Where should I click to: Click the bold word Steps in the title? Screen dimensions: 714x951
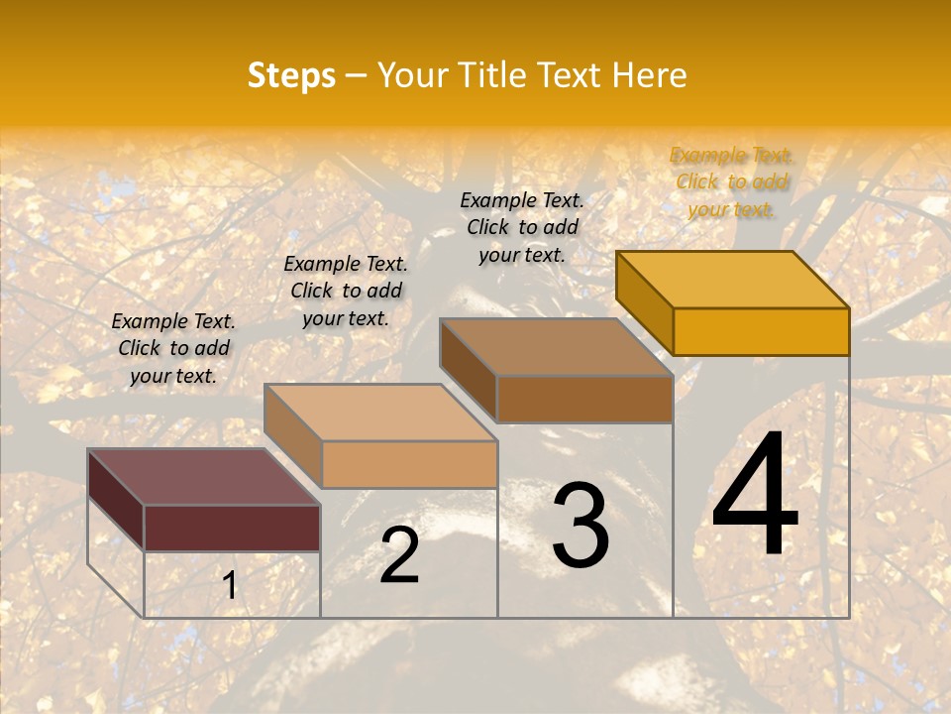291,75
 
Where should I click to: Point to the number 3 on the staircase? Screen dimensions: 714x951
581,526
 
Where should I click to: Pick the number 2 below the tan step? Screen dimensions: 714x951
399,555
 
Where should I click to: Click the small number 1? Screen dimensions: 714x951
230,585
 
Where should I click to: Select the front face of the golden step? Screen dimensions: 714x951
761,331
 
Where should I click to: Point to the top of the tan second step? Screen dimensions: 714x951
380,413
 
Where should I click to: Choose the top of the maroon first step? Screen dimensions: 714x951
204,477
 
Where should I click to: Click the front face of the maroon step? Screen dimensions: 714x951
232,528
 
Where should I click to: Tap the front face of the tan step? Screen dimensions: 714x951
409,464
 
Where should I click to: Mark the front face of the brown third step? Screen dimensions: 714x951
584,399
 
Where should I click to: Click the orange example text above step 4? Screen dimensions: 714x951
731,181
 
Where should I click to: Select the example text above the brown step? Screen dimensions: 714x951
522,227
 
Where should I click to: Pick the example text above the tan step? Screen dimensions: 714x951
346,291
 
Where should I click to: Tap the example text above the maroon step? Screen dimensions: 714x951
173,348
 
